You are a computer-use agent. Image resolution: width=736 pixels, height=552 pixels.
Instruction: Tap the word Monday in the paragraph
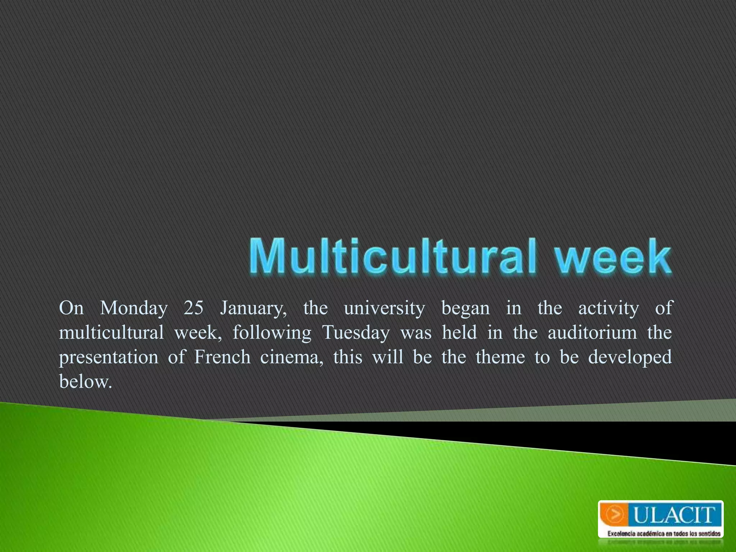(134, 308)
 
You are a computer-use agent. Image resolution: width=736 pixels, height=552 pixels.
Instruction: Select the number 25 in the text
(193, 308)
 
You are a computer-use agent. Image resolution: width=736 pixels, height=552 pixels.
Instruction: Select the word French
(222, 357)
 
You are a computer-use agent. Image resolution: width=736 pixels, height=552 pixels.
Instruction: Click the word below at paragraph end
(85, 382)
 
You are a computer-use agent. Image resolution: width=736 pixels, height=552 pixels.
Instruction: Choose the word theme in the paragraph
(500, 357)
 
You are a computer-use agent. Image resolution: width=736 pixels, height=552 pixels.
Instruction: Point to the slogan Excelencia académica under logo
(663, 534)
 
